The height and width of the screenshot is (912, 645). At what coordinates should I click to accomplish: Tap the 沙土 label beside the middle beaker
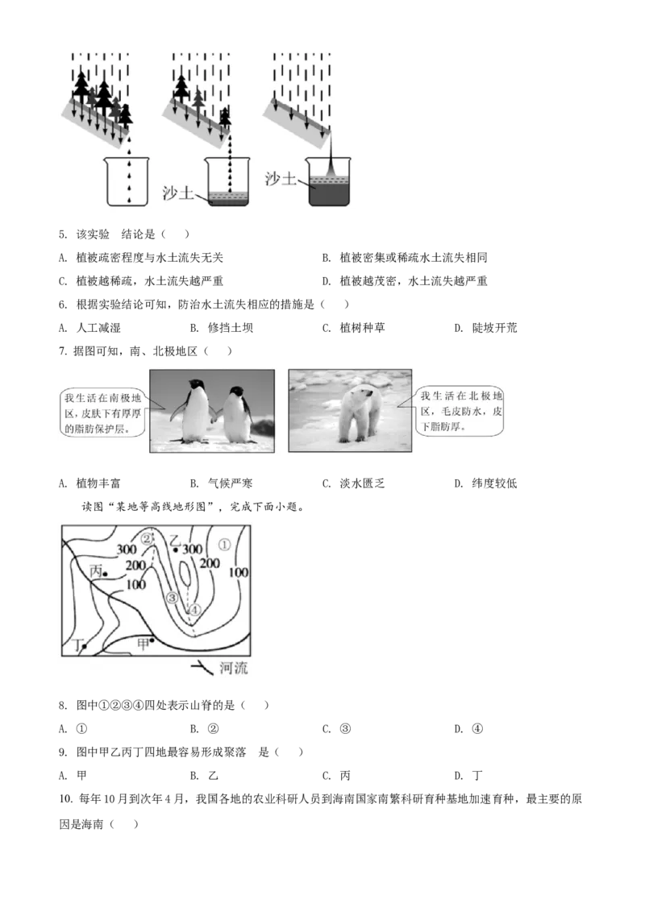point(180,193)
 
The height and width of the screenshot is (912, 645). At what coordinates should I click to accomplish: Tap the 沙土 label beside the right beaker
point(281,178)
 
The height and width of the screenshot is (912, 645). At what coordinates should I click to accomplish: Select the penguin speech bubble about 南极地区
point(102,412)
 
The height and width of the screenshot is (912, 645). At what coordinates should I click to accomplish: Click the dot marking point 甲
point(153,640)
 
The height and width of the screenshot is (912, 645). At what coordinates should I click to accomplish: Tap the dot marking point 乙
point(177,549)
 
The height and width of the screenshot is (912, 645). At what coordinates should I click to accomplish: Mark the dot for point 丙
point(106,574)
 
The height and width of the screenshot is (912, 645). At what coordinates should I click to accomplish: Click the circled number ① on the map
point(225,545)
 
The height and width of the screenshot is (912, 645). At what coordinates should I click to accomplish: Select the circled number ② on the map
point(147,538)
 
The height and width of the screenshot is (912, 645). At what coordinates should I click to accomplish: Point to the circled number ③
point(172,598)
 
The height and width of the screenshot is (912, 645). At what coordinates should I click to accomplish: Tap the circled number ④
point(193,610)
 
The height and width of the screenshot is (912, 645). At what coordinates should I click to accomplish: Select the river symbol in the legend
point(201,667)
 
